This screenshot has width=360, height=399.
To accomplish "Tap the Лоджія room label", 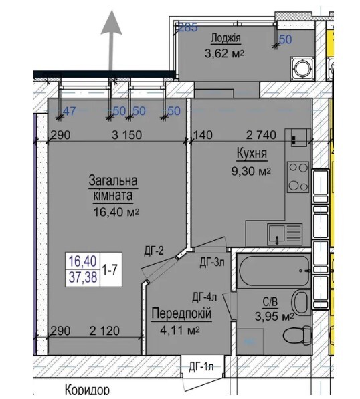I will point(226,38).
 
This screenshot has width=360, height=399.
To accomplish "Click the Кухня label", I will point(252,155).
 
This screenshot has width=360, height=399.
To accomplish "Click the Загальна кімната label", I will point(112,188).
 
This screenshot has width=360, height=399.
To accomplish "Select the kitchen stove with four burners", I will point(298,176).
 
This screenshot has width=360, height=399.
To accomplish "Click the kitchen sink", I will point(278,233).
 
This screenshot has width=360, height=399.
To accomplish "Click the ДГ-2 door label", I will point(155,251).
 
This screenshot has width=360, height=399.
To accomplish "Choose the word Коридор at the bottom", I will point(87,390).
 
